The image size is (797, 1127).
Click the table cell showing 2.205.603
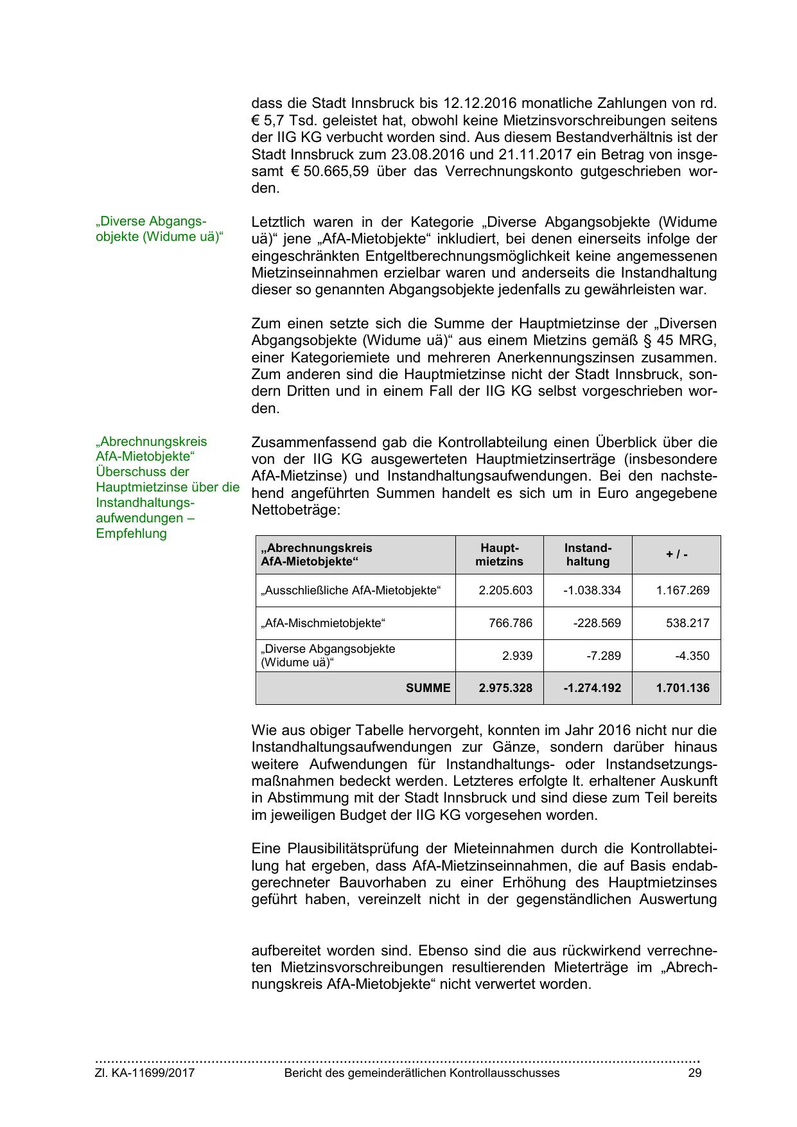pos(505,590)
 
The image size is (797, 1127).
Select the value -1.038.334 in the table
pos(591,590)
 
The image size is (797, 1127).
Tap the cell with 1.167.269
pos(683,590)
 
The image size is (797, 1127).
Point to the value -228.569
pos(597,623)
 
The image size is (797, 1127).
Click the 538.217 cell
pos(688,623)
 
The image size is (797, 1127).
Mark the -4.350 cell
pos(692,657)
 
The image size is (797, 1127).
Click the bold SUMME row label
pos(428,688)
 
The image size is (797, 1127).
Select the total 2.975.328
pos(505,688)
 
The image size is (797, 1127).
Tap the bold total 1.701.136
pos(683,688)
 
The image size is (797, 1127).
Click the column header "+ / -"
pos(676,555)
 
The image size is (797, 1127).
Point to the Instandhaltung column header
pos(588,555)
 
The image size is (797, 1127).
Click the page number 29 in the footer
pos(694,1073)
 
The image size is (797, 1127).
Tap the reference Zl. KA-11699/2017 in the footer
pos(145,1073)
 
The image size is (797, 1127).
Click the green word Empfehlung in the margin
pos(131,534)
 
